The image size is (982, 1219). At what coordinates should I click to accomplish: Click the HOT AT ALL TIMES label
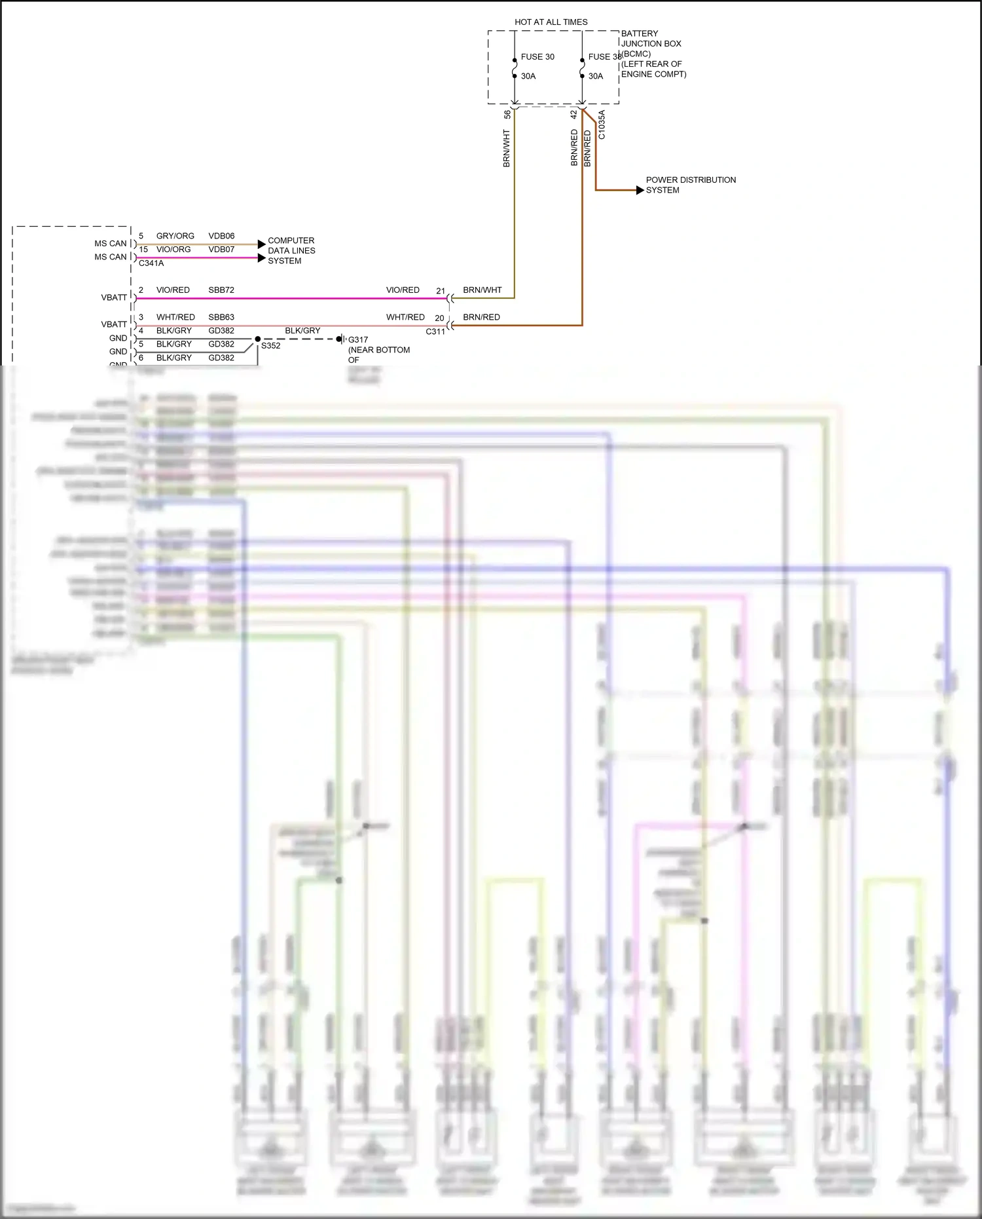click(x=551, y=22)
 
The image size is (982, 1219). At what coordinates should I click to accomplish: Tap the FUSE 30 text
click(x=537, y=57)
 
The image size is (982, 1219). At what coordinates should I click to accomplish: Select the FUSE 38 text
click(x=604, y=57)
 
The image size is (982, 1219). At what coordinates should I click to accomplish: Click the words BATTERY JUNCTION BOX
click(x=651, y=39)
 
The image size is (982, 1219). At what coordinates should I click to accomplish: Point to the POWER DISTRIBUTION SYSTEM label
click(x=690, y=185)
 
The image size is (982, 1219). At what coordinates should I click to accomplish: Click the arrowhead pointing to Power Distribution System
click(x=640, y=190)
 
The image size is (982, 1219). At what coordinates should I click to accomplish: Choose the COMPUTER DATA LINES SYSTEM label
click(x=291, y=250)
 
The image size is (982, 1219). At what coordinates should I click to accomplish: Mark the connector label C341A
click(x=151, y=263)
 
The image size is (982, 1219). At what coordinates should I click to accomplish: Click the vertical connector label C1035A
click(x=602, y=124)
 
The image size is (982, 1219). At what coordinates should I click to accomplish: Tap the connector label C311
click(x=435, y=331)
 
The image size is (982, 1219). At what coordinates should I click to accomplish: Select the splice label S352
click(x=270, y=346)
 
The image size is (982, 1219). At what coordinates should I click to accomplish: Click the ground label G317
click(x=358, y=340)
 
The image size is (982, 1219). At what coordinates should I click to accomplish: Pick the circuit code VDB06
click(x=221, y=236)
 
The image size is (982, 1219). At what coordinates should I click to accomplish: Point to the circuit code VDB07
click(x=221, y=250)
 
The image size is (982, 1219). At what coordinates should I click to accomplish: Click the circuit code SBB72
click(x=221, y=290)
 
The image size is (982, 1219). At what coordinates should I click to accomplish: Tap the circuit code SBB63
click(x=221, y=317)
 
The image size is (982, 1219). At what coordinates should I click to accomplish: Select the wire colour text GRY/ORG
click(x=175, y=236)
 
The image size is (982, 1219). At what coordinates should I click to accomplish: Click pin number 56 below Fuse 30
click(x=507, y=114)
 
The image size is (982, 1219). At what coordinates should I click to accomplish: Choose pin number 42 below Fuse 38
click(x=573, y=114)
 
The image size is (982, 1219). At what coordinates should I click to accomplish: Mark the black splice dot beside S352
click(x=258, y=339)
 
